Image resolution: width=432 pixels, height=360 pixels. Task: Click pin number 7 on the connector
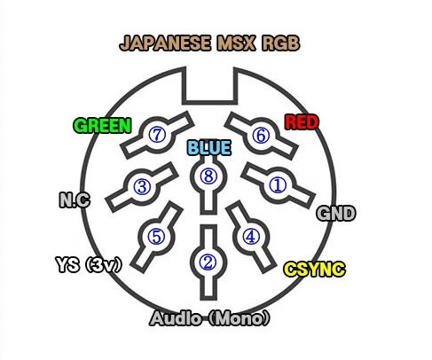point(157,135)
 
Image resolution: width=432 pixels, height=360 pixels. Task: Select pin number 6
point(261,136)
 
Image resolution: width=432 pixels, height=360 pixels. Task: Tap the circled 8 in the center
point(208,176)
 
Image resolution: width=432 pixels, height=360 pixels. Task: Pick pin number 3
point(142,186)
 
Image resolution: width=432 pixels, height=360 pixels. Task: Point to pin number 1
point(278,185)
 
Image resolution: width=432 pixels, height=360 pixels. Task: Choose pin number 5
point(156,237)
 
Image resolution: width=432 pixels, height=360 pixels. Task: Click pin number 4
point(251,237)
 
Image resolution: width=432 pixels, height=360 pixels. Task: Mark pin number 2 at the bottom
point(208,262)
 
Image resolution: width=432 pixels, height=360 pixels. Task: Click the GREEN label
point(102,126)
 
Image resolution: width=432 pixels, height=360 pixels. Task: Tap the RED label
point(302,122)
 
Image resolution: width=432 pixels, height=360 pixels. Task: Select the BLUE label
point(209,148)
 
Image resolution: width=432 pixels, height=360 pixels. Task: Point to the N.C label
point(75,200)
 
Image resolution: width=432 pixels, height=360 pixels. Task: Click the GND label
point(335,214)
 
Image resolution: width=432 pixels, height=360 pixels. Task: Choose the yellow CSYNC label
point(314,269)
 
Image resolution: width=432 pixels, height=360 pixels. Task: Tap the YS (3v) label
point(89,264)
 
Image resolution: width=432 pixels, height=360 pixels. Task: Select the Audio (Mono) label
point(210,318)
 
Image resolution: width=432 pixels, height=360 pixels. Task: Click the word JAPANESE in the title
point(165,43)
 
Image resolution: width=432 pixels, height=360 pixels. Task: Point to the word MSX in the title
point(236,43)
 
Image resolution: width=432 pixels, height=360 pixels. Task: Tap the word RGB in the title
point(281,43)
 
